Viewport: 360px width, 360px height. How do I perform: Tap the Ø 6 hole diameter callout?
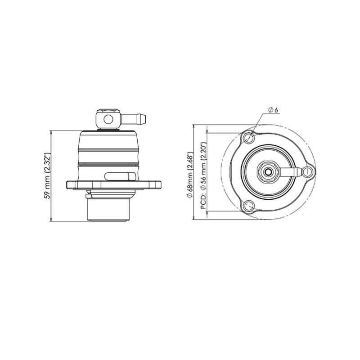pos(273,110)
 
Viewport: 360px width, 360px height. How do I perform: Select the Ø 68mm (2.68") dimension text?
pos(190,175)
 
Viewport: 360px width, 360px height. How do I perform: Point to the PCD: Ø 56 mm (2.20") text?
pos(204,175)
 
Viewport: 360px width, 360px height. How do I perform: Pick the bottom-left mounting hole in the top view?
pos(249,206)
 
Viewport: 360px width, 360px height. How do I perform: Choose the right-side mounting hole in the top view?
pos(308,172)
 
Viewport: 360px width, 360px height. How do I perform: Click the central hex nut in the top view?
pos(268,171)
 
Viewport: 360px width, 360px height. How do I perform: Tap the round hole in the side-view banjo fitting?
pos(108,119)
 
